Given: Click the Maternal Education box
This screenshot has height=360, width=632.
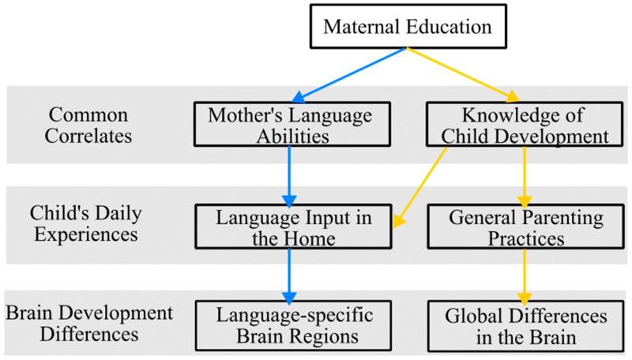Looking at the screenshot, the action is click(x=407, y=26).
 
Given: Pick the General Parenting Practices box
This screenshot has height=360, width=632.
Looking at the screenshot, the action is click(x=525, y=227).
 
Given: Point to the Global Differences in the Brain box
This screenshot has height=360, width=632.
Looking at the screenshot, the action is click(x=525, y=325).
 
